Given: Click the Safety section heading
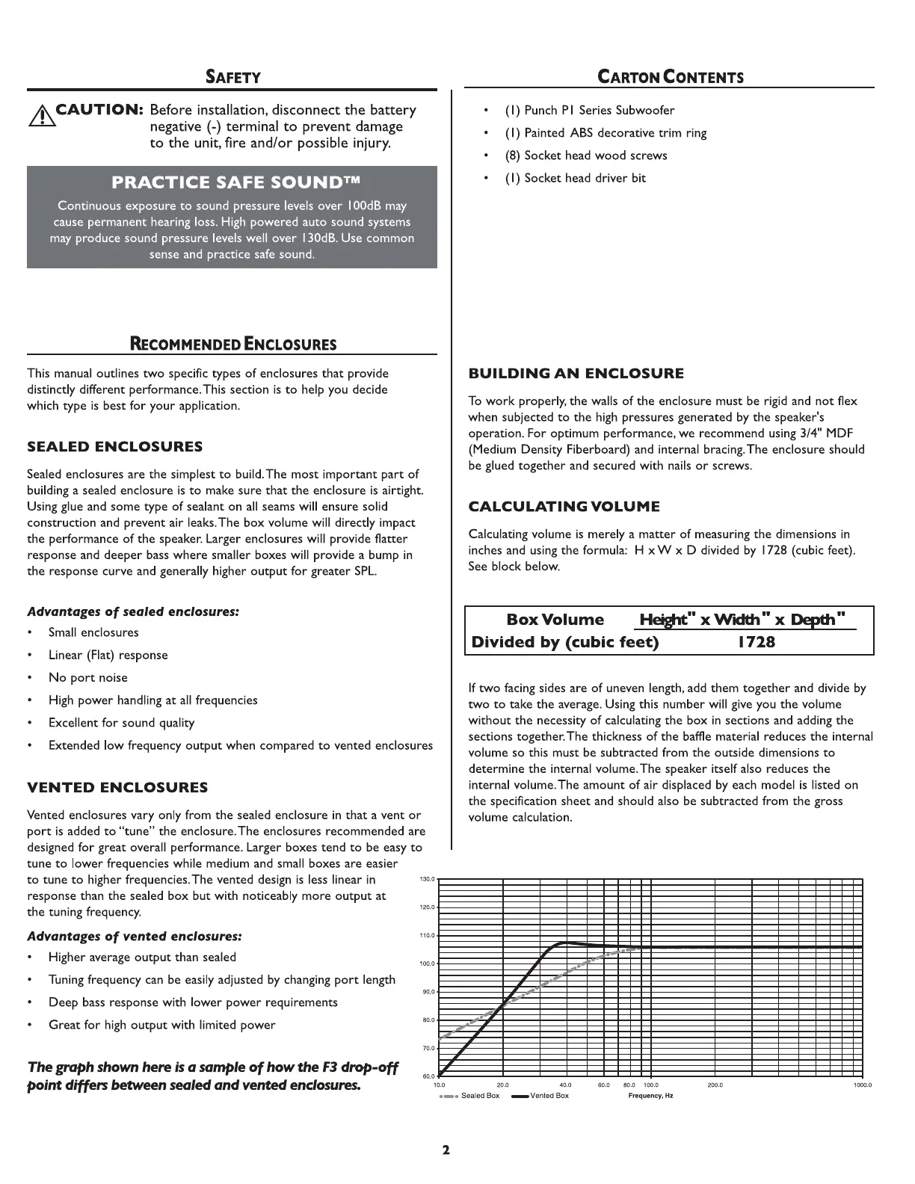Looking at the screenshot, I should pyautogui.click(x=233, y=77).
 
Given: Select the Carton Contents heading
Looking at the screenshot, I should pyautogui.click(x=671, y=77).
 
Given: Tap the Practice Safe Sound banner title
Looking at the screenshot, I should pyautogui.click(x=232, y=182).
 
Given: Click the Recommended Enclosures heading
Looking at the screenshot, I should pyautogui.click(x=233, y=345).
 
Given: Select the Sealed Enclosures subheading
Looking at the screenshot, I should pyautogui.click(x=114, y=447).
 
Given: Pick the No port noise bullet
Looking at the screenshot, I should pyautogui.click(x=87, y=678).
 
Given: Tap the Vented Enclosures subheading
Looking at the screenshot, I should pyautogui.click(x=117, y=788).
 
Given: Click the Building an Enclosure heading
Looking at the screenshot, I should pyautogui.click(x=576, y=374).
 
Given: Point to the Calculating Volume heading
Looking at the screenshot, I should pyautogui.click(x=564, y=507).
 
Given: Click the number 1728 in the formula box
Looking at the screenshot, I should pyautogui.click(x=757, y=642).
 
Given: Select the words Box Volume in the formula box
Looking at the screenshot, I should pyautogui.click(x=555, y=620).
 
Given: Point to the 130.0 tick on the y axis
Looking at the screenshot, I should pyautogui.click(x=427, y=879).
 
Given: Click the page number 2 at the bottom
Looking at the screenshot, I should pyautogui.click(x=446, y=1150).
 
